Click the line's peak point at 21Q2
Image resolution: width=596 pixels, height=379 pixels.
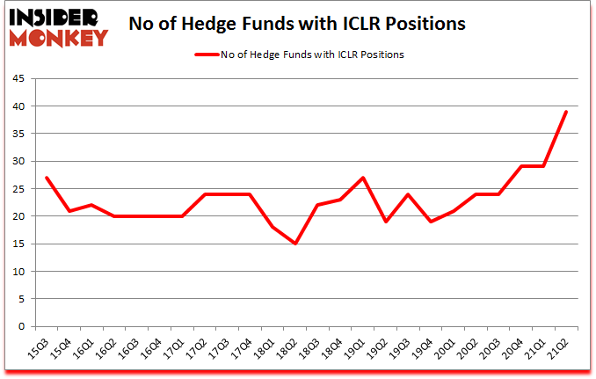(x=566, y=112)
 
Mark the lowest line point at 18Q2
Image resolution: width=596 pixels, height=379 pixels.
(x=295, y=244)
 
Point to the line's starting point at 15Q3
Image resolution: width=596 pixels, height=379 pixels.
(x=47, y=178)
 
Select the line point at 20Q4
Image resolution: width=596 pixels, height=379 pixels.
(x=521, y=166)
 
